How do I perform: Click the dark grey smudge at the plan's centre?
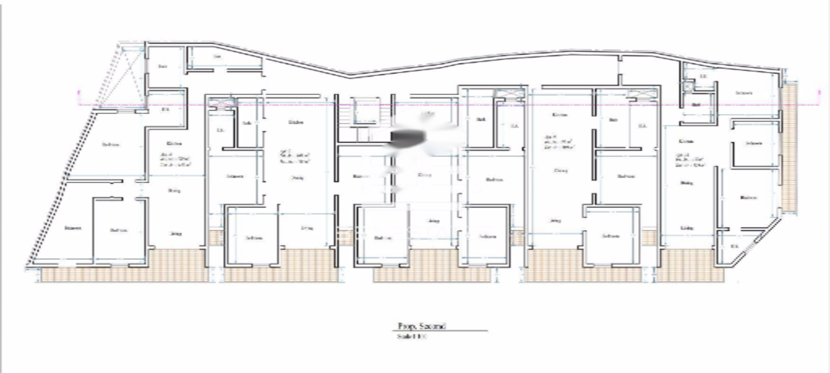(x=407, y=136)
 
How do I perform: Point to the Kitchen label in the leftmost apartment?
(x=174, y=144)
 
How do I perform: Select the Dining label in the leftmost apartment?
(x=174, y=191)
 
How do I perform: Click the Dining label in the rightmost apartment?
(x=686, y=183)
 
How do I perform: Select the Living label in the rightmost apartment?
(x=687, y=228)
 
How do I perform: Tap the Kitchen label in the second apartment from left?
(x=296, y=122)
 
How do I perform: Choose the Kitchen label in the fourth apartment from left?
(x=560, y=115)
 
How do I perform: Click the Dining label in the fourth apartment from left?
(x=561, y=171)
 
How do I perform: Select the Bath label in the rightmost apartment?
(x=697, y=104)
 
